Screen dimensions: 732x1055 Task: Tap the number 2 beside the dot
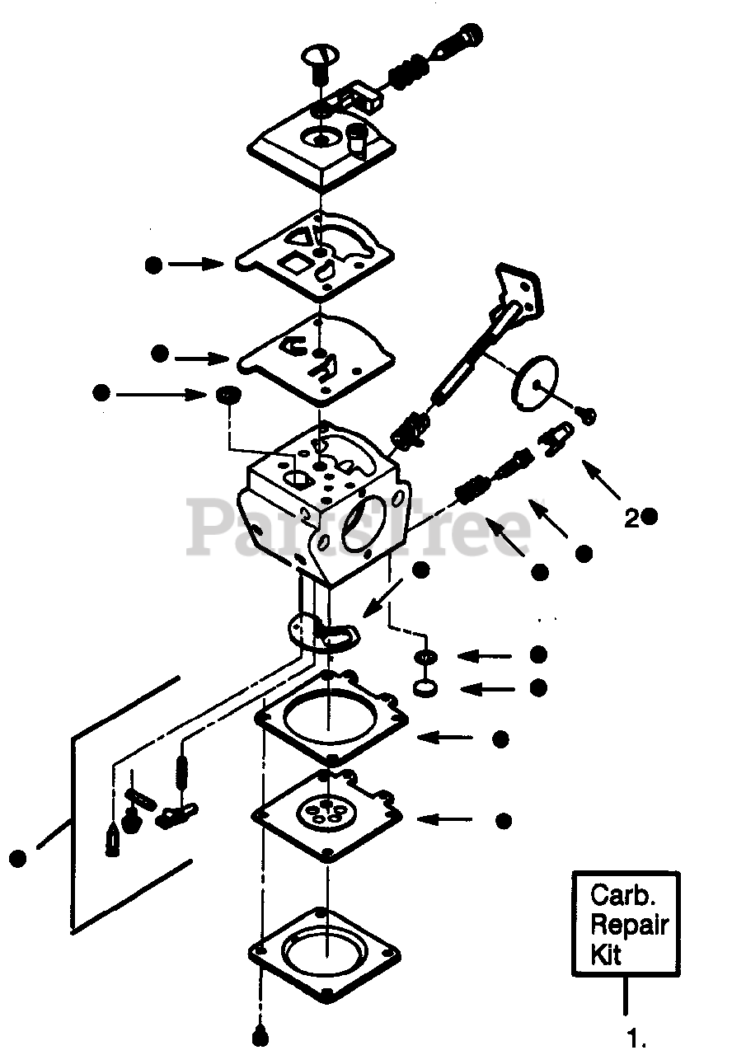point(631,518)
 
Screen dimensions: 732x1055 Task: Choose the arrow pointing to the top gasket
point(195,265)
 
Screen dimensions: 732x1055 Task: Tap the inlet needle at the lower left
point(114,840)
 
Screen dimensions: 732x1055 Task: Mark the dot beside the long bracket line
point(18,858)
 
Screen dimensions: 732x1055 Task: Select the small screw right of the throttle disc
point(589,417)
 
